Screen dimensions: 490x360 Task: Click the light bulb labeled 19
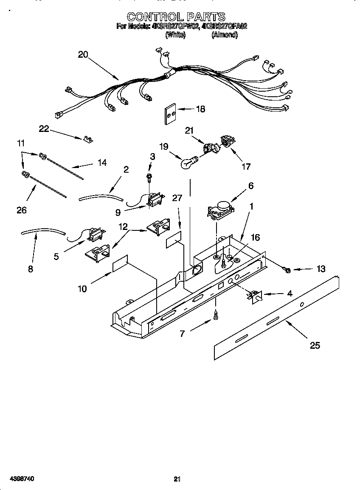190,162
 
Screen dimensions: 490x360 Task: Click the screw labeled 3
149,176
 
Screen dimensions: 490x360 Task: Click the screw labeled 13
287,270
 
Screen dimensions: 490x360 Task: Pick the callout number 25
315,345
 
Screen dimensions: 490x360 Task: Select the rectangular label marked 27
174,240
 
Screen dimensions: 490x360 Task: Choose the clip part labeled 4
254,297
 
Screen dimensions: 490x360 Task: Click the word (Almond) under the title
224,35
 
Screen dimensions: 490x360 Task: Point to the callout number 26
22,210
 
